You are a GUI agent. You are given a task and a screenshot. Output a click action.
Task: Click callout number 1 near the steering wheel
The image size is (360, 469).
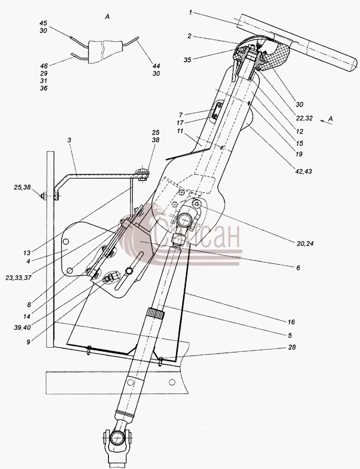click(x=191, y=13)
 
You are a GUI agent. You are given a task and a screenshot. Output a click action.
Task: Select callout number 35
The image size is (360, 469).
click(x=187, y=60)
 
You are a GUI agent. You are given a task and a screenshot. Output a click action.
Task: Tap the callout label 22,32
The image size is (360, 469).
click(x=305, y=118)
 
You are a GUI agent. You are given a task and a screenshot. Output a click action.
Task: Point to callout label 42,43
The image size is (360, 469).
click(x=303, y=171)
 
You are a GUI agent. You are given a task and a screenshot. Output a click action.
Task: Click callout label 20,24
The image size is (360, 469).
click(x=305, y=244)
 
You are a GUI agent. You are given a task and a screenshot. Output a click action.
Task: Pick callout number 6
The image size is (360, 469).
click(x=298, y=268)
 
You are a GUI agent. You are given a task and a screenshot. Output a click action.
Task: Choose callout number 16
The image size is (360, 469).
click(x=291, y=322)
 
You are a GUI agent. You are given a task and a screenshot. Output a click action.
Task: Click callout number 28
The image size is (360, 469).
click(x=292, y=347)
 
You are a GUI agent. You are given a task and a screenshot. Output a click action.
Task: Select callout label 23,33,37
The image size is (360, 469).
click(x=18, y=278)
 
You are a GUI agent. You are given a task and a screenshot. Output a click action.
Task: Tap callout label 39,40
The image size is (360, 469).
click(x=22, y=327)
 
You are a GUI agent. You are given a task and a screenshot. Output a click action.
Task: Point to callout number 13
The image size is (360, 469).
click(x=27, y=253)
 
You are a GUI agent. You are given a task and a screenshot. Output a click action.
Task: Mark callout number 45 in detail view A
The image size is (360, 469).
click(x=43, y=23)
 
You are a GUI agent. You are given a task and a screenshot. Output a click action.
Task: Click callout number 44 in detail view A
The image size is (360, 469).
click(x=156, y=66)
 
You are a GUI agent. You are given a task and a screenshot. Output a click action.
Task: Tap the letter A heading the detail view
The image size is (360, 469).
click(x=107, y=17)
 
